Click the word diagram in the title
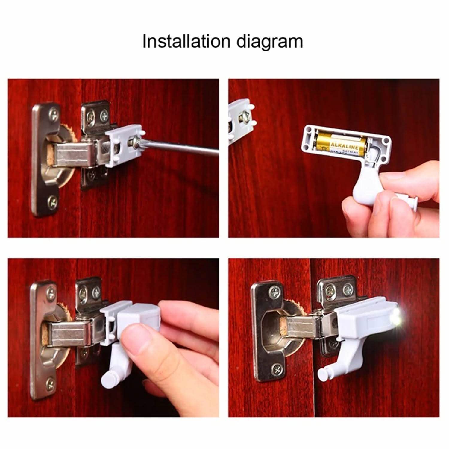click(x=270, y=42)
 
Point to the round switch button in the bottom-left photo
click(x=107, y=378)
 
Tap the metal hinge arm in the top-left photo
click(x=72, y=154)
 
